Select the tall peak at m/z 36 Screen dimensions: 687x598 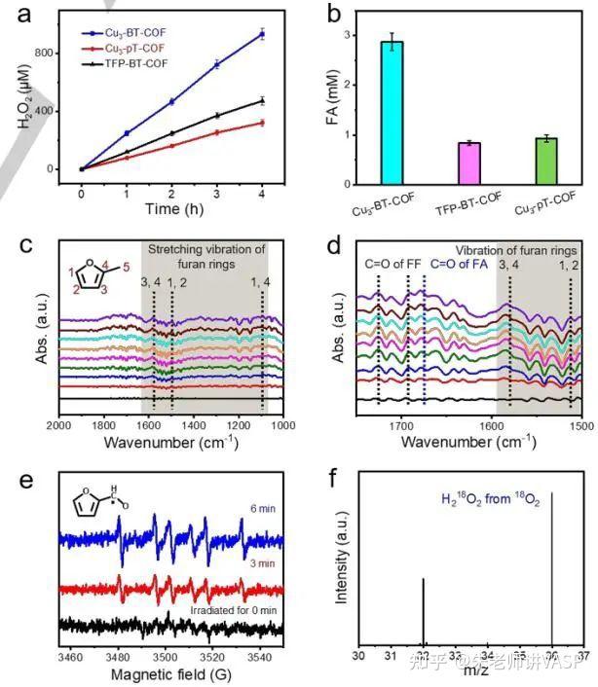[x=553, y=564]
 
